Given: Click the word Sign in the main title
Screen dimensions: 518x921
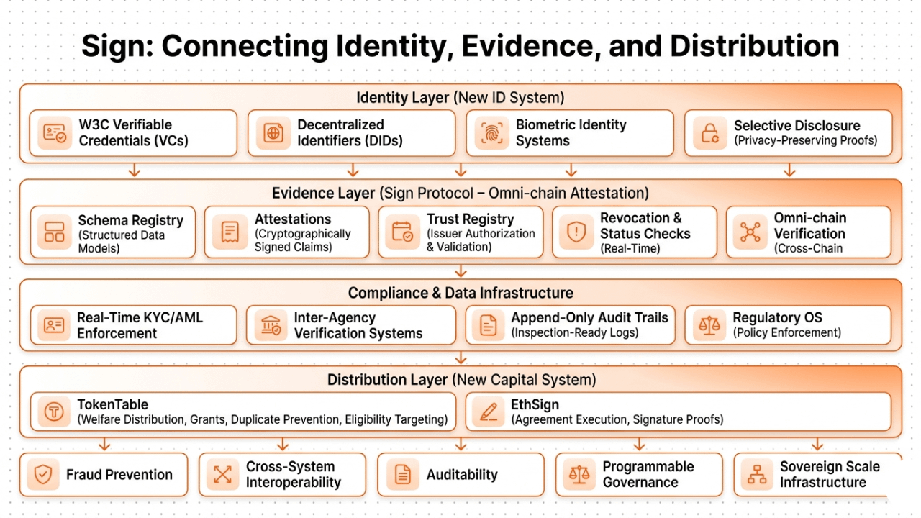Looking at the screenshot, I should tap(115, 46).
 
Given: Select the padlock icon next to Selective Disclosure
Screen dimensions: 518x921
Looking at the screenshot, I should tap(710, 134).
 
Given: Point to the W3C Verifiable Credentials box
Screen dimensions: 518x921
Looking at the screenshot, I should tap(134, 133).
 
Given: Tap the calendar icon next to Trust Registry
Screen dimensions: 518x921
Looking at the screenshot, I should tap(403, 232).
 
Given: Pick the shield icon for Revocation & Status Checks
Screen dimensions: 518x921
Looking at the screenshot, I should tap(576, 232).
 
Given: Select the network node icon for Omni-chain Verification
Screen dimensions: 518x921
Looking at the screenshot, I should tap(750, 232).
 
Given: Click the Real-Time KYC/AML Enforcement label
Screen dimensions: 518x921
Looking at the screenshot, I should tap(140, 325).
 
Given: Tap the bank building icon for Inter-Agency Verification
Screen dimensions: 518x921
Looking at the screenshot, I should tap(271, 326).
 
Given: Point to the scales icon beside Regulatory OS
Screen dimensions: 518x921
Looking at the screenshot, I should tap(709, 326).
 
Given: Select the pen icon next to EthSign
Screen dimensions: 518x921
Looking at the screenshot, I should tap(489, 412).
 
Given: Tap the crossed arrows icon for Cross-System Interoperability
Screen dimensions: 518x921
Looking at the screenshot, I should tap(223, 475).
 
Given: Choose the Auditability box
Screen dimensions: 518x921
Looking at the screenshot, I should tap(460, 475).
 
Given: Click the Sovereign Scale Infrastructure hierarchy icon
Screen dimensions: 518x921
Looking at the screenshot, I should tap(757, 475).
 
